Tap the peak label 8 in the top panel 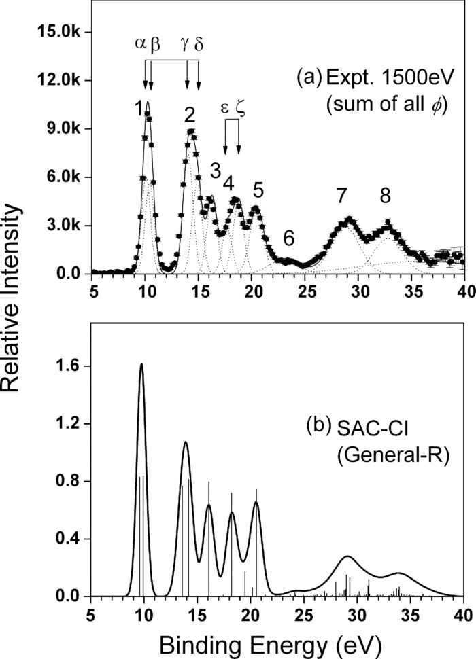(x=385, y=196)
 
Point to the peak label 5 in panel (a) (x=258, y=188)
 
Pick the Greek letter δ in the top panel (x=199, y=43)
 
